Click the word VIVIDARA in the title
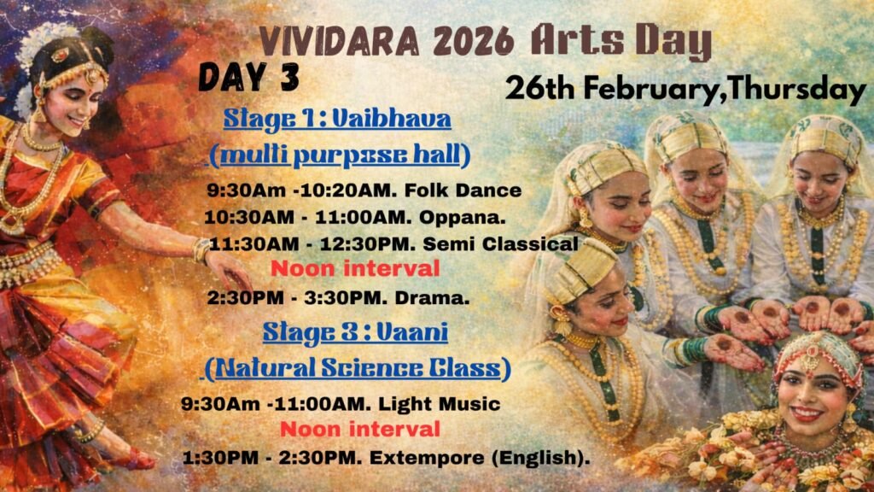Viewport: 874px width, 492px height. [x=340, y=41]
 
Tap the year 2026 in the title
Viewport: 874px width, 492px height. [x=473, y=41]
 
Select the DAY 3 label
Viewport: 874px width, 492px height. [x=248, y=77]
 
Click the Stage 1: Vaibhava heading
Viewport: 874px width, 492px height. [x=337, y=120]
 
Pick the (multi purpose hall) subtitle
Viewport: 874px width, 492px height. [x=340, y=155]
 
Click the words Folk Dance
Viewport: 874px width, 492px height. [x=463, y=190]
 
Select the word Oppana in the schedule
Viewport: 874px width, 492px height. [x=459, y=218]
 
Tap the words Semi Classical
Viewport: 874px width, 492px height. [x=500, y=243]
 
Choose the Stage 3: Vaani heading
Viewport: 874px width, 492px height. [x=355, y=333]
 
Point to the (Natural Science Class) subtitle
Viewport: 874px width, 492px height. [x=357, y=369]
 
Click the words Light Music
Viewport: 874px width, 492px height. [x=440, y=404]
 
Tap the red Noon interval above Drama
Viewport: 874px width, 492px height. [x=355, y=269]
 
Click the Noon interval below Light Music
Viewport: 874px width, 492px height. [x=359, y=430]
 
